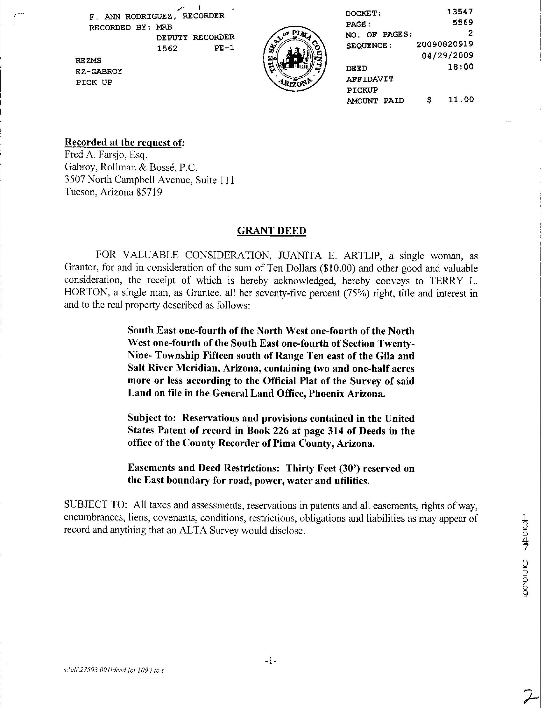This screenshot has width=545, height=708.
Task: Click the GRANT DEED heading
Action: coord(271,230)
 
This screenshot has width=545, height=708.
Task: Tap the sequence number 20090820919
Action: coord(444,44)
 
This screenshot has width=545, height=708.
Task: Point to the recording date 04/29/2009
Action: coord(447,55)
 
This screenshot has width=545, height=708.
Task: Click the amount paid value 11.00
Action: coord(461,99)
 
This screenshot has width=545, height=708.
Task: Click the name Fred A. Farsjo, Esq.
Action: coord(106,155)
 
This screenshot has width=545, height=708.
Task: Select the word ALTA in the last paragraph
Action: coord(194,530)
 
